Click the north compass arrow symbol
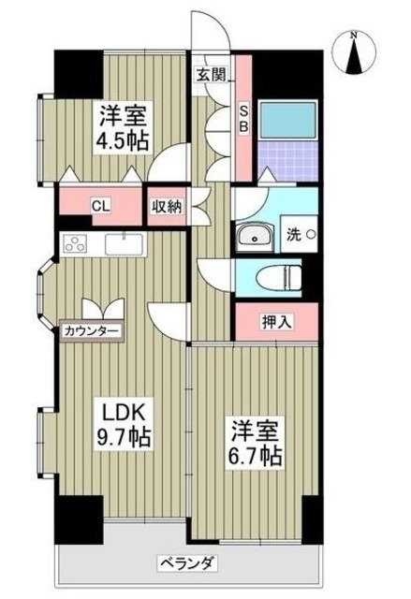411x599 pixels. [354, 58]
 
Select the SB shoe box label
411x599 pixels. [242, 116]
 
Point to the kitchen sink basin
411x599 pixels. [124, 244]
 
